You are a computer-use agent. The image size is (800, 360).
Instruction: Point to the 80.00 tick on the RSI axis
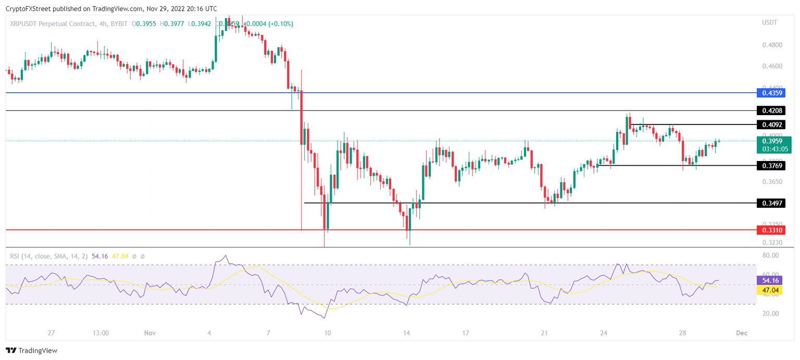(x=770, y=255)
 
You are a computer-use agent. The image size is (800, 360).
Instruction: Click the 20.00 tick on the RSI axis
(x=770, y=314)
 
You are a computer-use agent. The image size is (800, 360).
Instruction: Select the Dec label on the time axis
(x=742, y=333)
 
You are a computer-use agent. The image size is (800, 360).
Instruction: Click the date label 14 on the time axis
(x=407, y=333)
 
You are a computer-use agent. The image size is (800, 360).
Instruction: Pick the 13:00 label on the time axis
(x=101, y=333)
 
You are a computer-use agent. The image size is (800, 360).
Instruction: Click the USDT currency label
(x=769, y=22)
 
